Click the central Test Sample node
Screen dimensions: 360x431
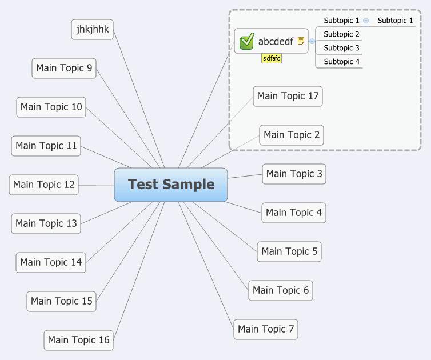click(x=171, y=185)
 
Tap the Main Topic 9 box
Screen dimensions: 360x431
click(x=63, y=68)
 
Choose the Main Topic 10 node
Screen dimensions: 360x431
click(x=51, y=107)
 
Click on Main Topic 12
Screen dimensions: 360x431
click(x=44, y=185)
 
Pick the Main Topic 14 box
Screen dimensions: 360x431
click(x=51, y=262)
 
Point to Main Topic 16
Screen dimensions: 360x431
click(x=78, y=340)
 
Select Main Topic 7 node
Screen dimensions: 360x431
click(x=266, y=329)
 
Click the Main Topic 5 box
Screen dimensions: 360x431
click(x=289, y=251)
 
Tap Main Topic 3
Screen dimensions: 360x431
click(x=294, y=174)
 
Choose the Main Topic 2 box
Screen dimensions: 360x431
click(x=292, y=135)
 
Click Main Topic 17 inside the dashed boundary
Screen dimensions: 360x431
click(x=288, y=96)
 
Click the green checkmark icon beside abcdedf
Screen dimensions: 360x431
click(x=247, y=41)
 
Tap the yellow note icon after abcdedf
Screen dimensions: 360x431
click(x=301, y=41)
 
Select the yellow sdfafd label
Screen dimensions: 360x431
click(x=272, y=58)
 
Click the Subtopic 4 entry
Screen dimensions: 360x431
click(x=341, y=62)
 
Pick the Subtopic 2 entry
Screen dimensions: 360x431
click(x=341, y=34)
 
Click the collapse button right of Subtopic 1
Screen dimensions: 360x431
click(x=366, y=21)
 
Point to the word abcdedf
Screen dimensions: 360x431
click(x=276, y=41)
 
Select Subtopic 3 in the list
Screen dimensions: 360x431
click(x=341, y=48)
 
